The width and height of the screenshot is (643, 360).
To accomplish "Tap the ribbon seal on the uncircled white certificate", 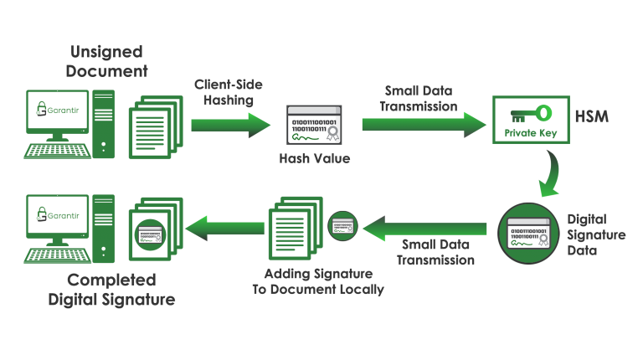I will tap(332, 136).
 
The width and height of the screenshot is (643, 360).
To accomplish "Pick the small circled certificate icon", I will tap(342, 226).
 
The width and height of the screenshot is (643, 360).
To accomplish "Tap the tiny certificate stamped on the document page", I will tap(150, 234).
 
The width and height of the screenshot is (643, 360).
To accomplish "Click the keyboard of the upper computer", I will tap(57, 151).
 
